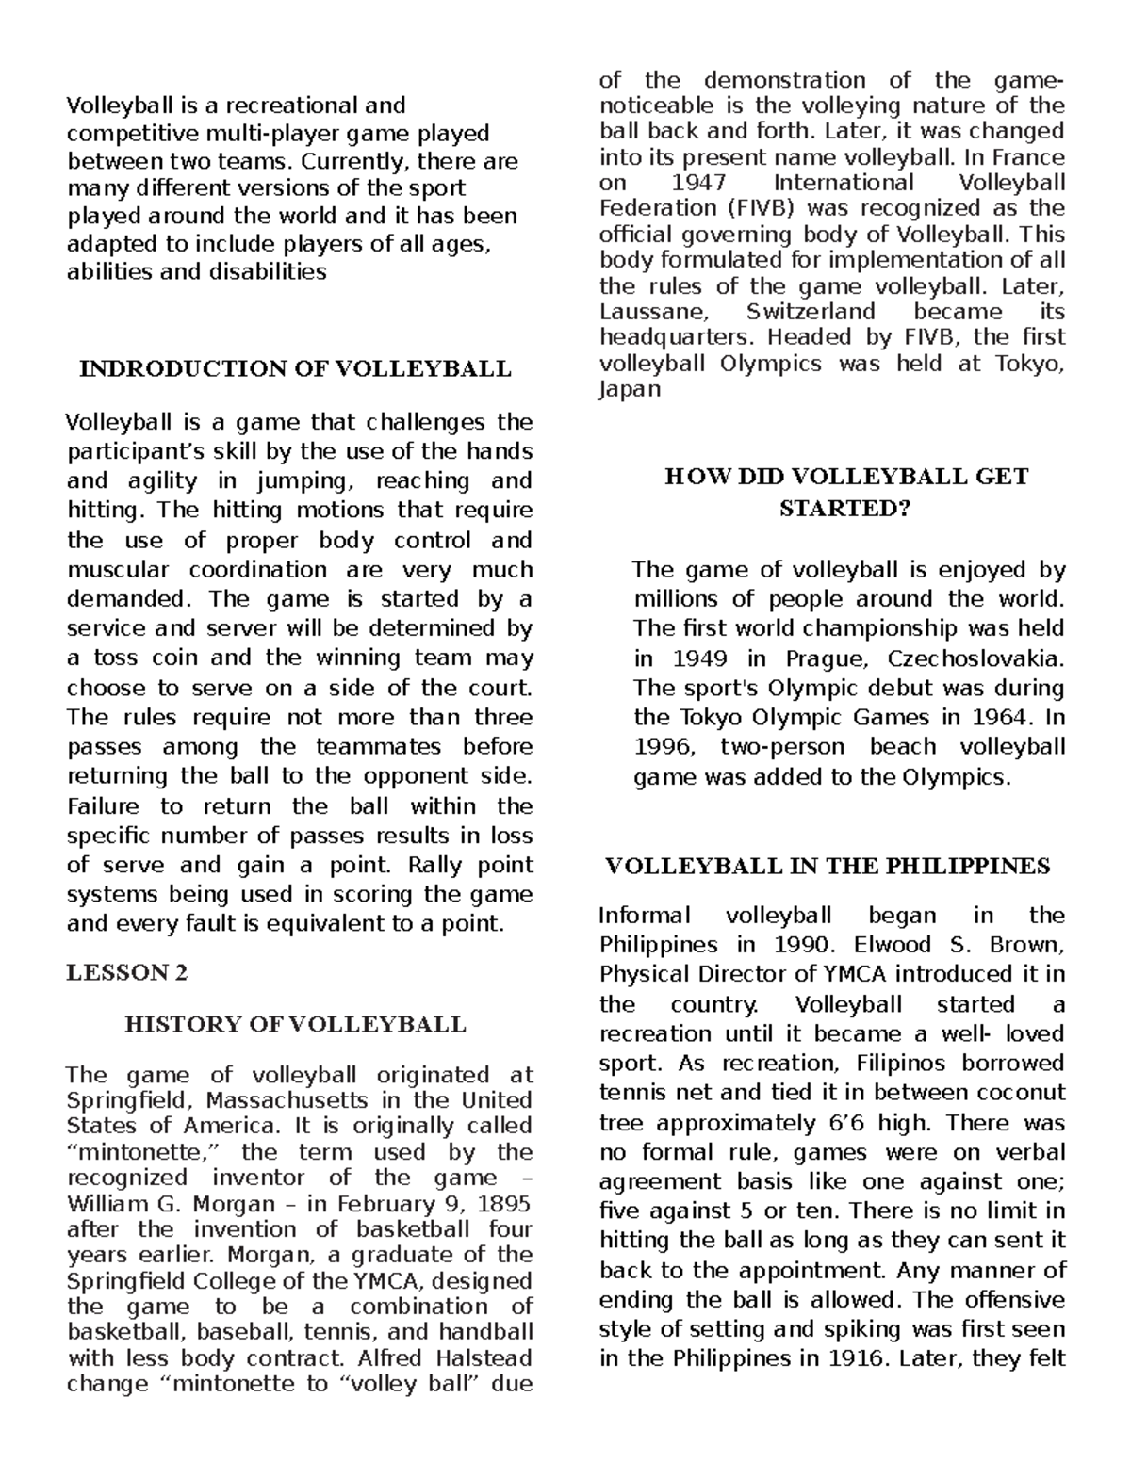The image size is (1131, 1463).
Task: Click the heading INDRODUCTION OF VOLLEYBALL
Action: click(x=295, y=368)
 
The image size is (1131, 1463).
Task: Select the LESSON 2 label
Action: click(x=127, y=973)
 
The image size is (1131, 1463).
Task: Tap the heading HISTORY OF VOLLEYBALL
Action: click(x=295, y=1024)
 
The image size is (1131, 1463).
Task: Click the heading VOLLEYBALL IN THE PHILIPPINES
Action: click(x=828, y=866)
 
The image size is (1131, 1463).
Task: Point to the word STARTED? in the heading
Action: click(x=844, y=510)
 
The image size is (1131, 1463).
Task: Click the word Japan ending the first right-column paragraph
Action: click(x=630, y=389)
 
